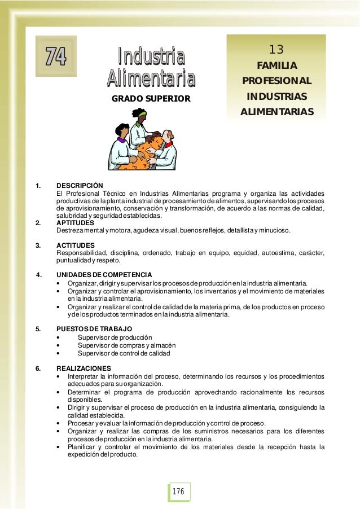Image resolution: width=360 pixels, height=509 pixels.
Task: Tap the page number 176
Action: click(x=179, y=492)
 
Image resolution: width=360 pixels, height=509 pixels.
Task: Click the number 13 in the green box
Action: click(x=276, y=49)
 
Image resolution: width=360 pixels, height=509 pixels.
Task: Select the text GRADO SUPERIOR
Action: click(x=151, y=99)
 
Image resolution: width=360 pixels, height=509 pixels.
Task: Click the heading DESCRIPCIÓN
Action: click(x=80, y=185)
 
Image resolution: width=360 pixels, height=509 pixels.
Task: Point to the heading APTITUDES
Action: click(x=76, y=223)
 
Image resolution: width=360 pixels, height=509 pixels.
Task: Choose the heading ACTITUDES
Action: click(x=76, y=245)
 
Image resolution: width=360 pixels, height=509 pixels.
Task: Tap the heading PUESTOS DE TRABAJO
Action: click(x=94, y=328)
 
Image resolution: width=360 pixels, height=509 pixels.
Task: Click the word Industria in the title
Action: click(x=151, y=57)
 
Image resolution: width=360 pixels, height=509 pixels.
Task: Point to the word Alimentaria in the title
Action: click(x=151, y=78)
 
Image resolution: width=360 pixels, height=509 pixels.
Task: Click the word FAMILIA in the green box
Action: click(x=276, y=66)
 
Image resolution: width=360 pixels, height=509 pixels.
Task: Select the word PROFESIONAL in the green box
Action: click(x=276, y=81)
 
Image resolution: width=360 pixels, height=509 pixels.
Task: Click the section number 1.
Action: click(x=38, y=185)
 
